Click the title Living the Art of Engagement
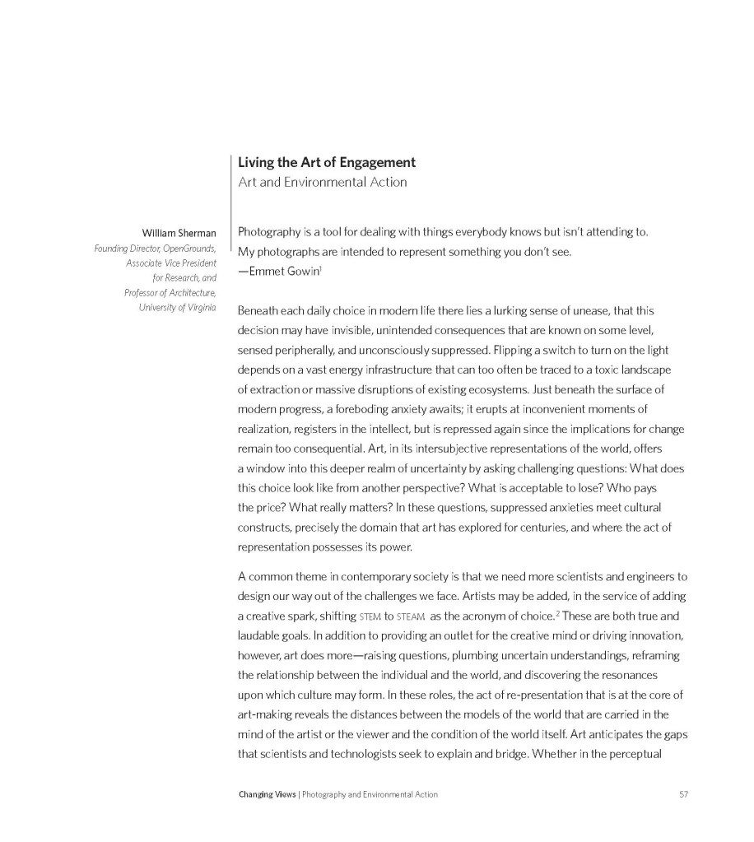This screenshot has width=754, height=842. coord(327,162)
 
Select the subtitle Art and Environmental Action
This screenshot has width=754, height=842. coord(322,182)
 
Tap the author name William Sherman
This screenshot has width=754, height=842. coord(179,233)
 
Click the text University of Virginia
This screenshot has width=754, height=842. coord(177,307)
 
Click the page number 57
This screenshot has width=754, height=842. coord(683,794)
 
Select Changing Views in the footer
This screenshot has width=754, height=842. coord(268,794)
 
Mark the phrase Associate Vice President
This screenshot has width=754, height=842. coord(171,263)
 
